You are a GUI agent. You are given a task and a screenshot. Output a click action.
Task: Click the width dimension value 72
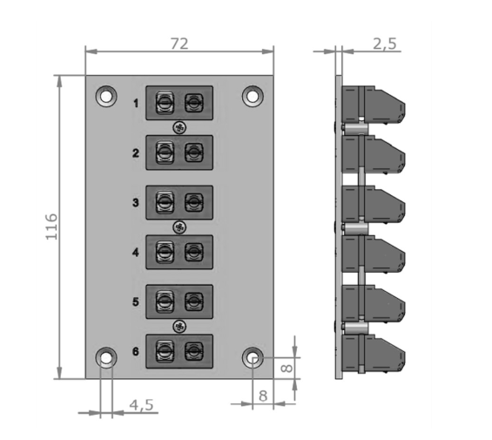[x=179, y=43]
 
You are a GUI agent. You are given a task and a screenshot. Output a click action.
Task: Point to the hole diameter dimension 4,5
[x=141, y=404]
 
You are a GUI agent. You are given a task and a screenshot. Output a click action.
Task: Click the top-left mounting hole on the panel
[x=106, y=96]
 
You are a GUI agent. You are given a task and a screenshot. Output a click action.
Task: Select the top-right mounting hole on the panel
[x=253, y=96]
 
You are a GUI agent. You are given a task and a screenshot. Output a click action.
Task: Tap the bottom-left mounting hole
[x=106, y=357]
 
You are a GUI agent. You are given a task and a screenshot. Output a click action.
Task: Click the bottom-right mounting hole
[x=253, y=357]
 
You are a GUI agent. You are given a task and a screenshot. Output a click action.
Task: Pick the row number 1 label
[x=136, y=105]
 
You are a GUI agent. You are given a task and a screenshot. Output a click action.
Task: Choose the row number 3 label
[x=136, y=203]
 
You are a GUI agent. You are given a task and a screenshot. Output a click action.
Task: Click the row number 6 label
[x=136, y=352]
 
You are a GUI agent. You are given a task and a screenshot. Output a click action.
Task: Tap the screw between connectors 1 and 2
[x=179, y=128]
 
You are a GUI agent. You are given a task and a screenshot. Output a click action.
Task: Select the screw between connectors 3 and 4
[x=179, y=227]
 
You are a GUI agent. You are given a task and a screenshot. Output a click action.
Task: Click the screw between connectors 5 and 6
[x=179, y=327]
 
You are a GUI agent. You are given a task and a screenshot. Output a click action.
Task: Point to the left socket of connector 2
[x=164, y=153]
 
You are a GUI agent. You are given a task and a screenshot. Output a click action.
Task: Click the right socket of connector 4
[x=194, y=253]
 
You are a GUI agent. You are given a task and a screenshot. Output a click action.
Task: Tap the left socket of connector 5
[x=164, y=302]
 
